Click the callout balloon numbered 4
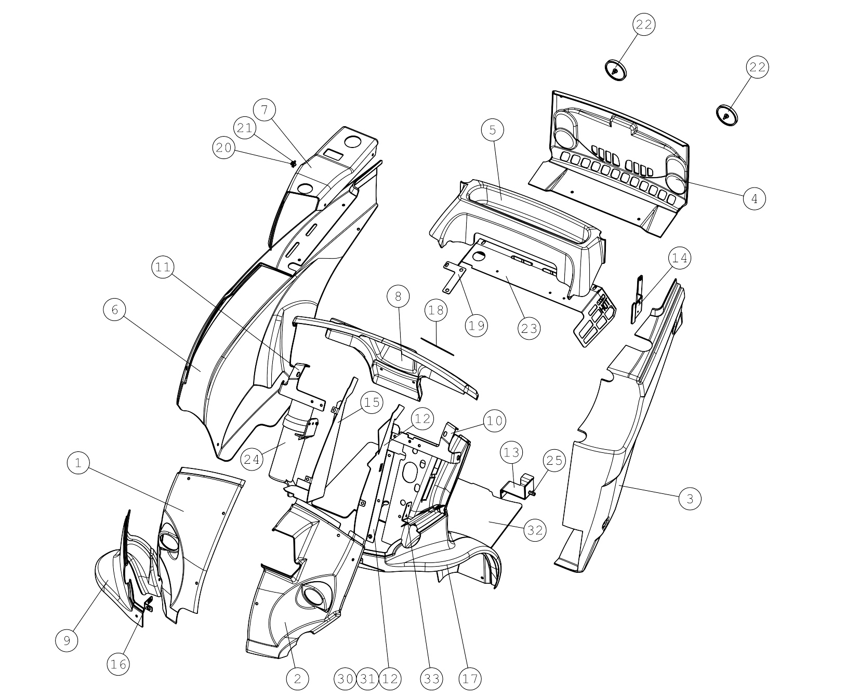click(x=755, y=198)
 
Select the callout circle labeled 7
click(x=265, y=110)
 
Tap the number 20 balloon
click(x=224, y=148)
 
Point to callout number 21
click(x=245, y=128)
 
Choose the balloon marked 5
click(x=493, y=130)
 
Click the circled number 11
click(x=163, y=267)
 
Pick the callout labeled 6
click(x=115, y=310)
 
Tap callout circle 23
click(x=529, y=328)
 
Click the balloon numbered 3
click(x=690, y=499)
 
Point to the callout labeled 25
click(x=554, y=461)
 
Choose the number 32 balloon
click(x=535, y=530)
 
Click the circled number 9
click(x=67, y=641)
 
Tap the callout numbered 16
click(x=118, y=664)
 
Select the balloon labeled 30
click(x=345, y=679)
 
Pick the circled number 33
click(x=432, y=679)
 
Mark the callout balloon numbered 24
click(x=252, y=460)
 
